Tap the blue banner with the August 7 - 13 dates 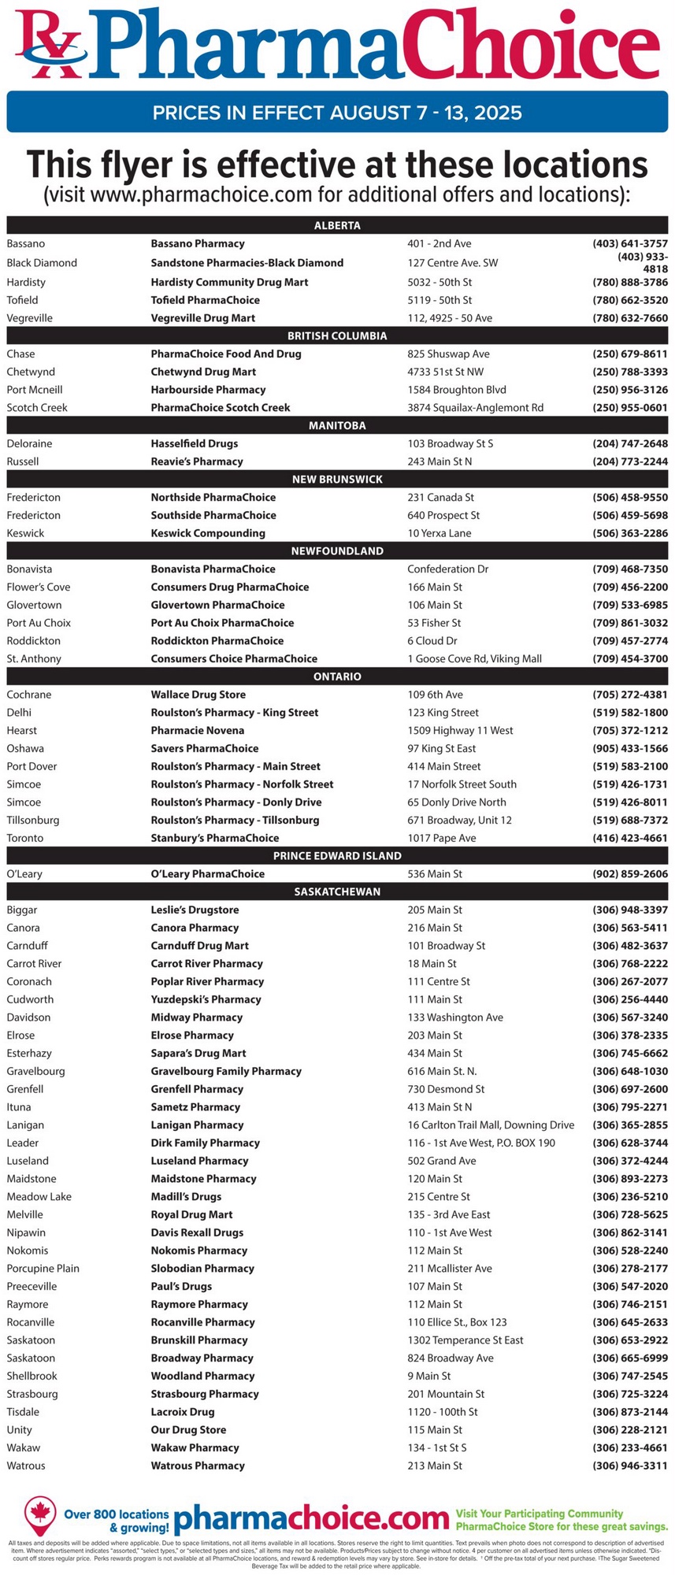337,112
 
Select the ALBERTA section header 337,226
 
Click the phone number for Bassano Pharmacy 630,244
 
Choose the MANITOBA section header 337,426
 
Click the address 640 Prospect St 443,515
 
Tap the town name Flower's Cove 39,587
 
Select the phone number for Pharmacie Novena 630,731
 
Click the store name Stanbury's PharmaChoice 215,838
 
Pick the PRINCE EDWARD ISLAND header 337,856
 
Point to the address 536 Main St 435,874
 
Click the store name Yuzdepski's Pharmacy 206,999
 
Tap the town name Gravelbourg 36,1071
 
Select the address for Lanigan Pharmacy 491,1125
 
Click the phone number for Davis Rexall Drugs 630,1232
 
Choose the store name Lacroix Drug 183,1412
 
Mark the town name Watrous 26,1466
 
